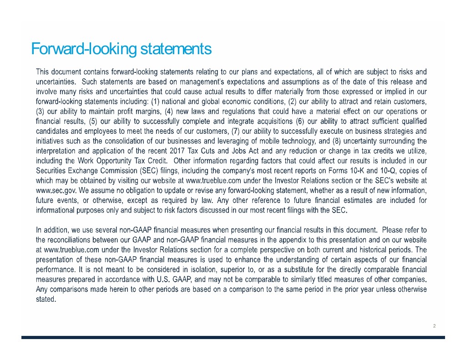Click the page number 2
(x=435, y=326)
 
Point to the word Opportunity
(x=111, y=161)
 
